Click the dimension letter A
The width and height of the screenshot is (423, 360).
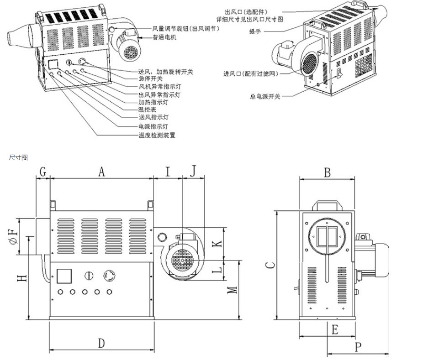click(x=101, y=172)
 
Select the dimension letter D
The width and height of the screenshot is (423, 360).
click(x=101, y=343)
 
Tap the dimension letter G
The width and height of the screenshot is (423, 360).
click(x=42, y=172)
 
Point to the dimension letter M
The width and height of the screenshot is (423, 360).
click(x=233, y=289)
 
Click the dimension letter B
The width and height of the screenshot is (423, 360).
click(x=327, y=172)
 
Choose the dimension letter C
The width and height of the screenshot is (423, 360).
click(x=270, y=265)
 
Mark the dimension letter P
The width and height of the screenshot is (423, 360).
click(x=358, y=347)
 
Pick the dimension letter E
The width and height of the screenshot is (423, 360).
click(x=335, y=329)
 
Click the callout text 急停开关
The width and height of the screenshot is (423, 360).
click(x=149, y=78)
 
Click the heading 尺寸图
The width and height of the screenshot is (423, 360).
click(x=18, y=157)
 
